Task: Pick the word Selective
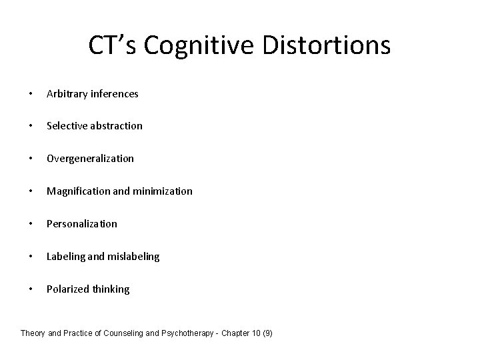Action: coord(65,126)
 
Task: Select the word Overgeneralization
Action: coord(90,159)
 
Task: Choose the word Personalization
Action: coord(81,224)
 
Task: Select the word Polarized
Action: coord(66,289)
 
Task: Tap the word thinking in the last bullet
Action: coord(110,289)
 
